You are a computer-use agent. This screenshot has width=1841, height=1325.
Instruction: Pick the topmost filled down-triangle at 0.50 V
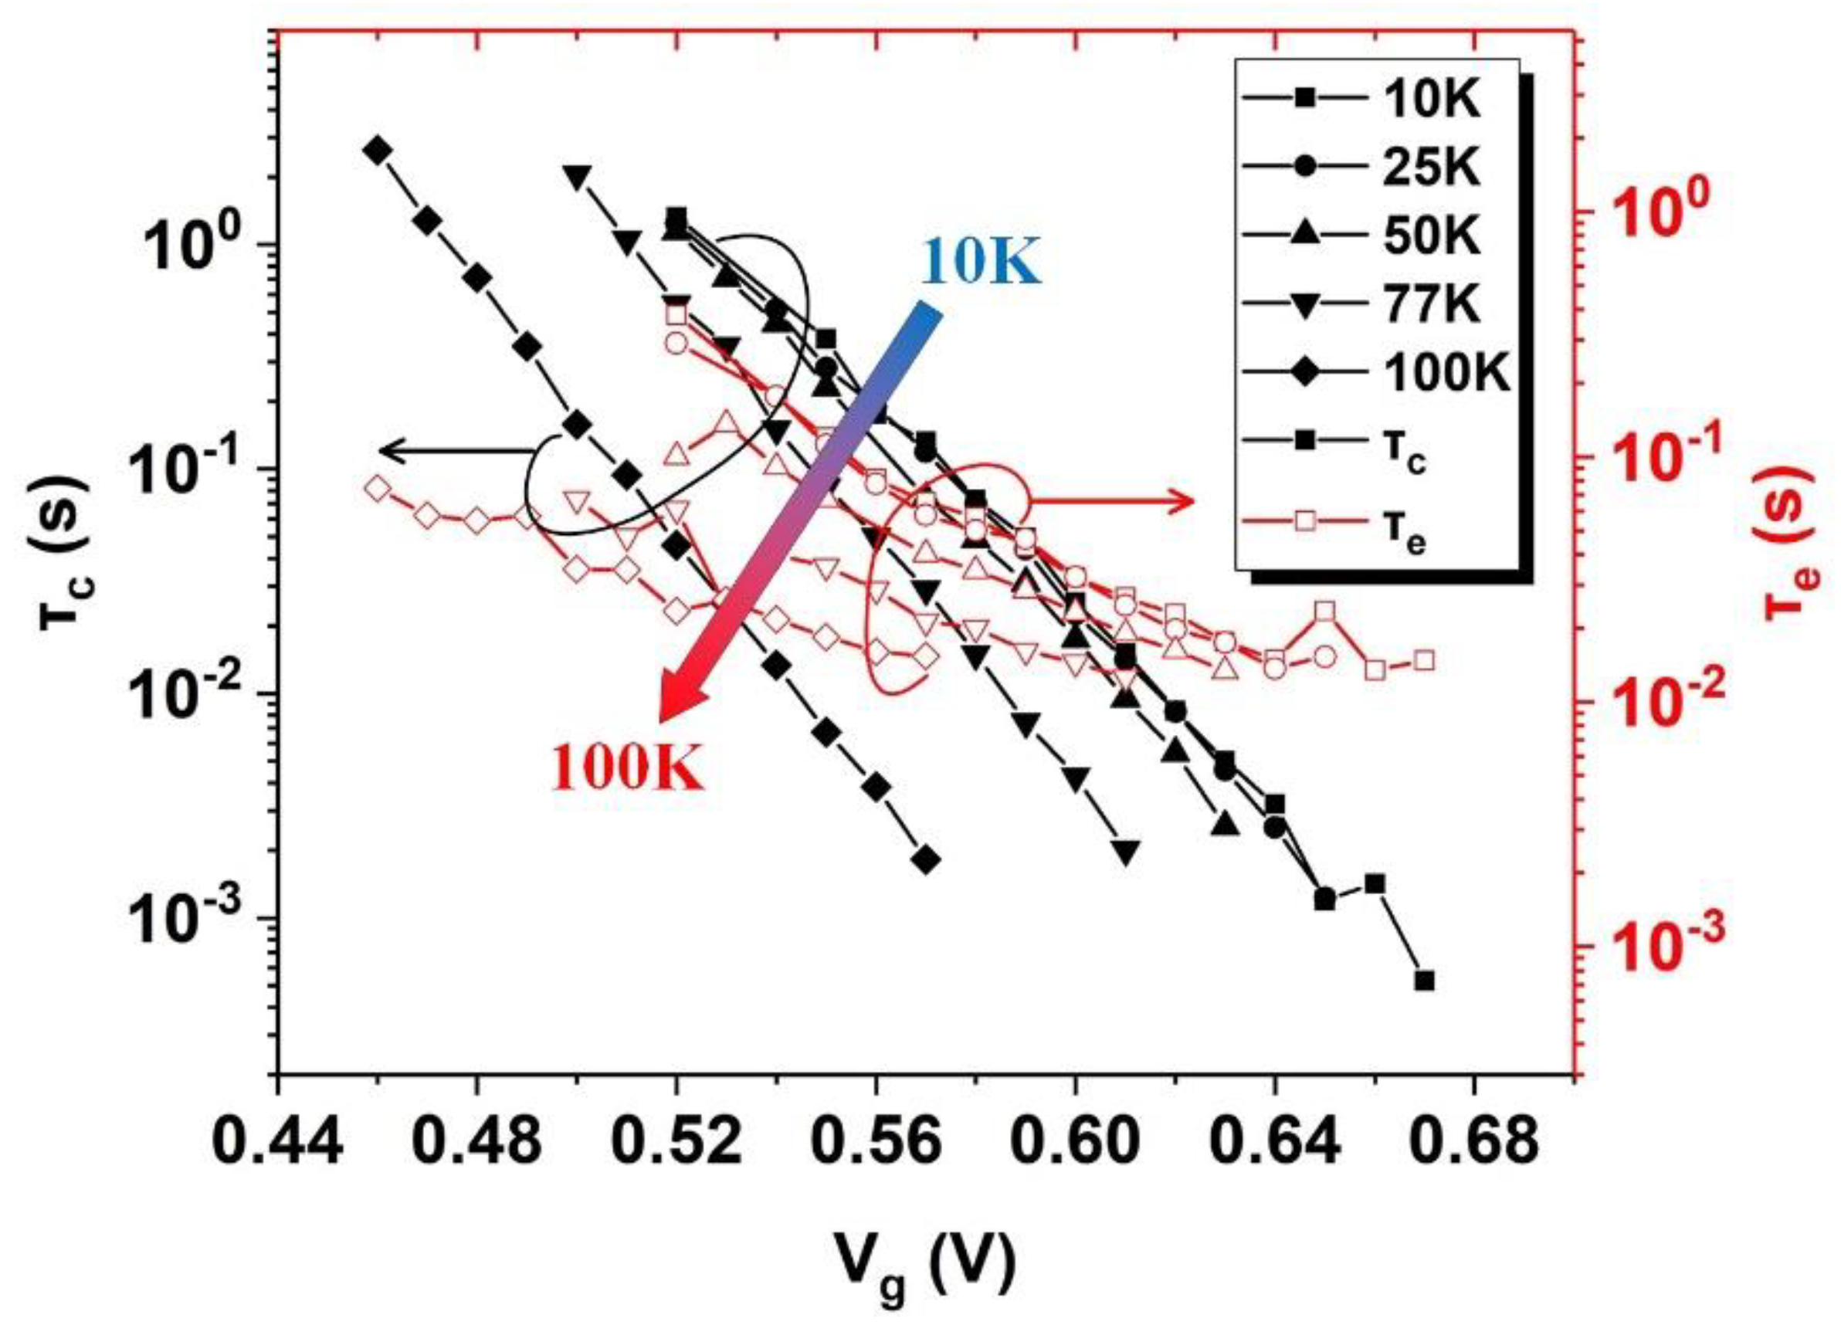coord(577,176)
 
